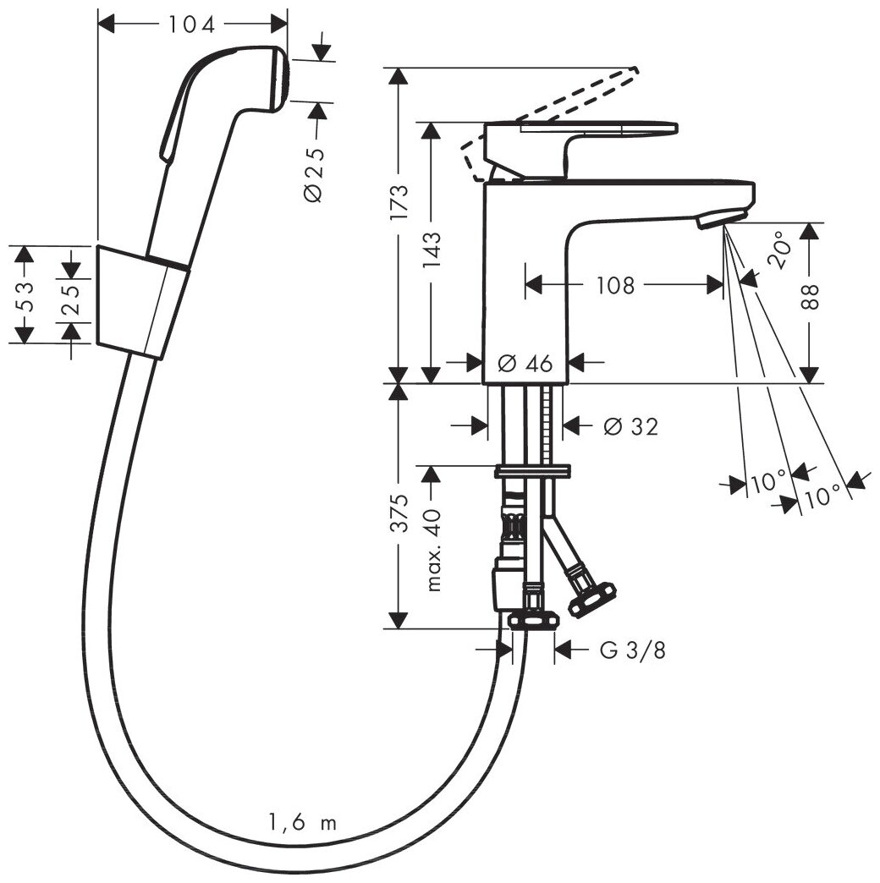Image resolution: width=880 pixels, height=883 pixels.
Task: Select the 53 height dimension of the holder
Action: pyautogui.click(x=26, y=295)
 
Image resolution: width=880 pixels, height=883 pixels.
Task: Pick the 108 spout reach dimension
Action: pyautogui.click(x=615, y=286)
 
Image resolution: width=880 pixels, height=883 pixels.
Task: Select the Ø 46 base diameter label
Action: pyautogui.click(x=525, y=364)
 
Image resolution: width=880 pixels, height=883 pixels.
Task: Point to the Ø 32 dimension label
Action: pyautogui.click(x=630, y=427)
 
